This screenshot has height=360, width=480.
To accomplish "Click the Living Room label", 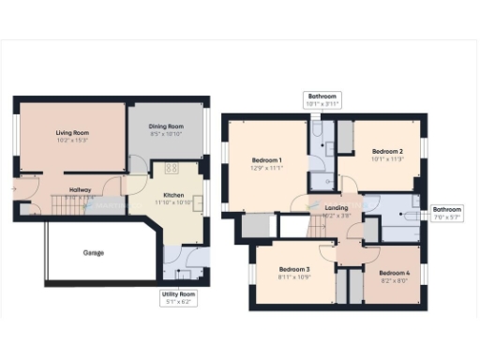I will click(x=71, y=134).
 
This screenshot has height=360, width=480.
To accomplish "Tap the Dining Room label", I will click(x=167, y=126).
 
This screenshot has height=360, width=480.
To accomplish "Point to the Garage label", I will click(x=94, y=252).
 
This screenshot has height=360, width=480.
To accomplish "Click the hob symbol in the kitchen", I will click(x=172, y=169).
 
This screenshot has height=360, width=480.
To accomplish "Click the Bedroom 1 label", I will click(x=267, y=160).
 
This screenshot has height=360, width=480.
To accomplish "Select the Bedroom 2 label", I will click(x=387, y=150).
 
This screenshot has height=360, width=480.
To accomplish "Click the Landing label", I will click(x=335, y=207).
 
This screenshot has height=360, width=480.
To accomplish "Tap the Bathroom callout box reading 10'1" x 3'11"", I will click(x=322, y=99).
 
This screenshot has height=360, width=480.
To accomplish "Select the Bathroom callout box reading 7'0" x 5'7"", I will click(x=446, y=213).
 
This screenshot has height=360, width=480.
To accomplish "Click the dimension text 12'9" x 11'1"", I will click(x=267, y=170).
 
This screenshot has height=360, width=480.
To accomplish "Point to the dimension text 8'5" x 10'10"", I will click(x=167, y=134).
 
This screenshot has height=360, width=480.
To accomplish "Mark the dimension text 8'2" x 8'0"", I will click(x=392, y=278).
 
